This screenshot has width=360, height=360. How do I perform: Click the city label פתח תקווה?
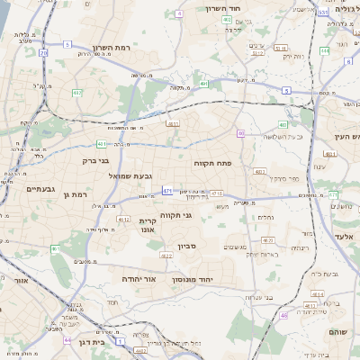tap(211, 163)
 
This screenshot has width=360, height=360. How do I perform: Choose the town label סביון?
tap(186, 245)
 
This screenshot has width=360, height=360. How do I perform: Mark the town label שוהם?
tap(338, 332)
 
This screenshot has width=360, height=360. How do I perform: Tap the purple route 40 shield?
tap(241, 133)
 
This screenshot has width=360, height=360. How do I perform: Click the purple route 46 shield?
tap(284, 316)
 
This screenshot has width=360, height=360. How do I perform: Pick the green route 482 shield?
tap(77, 92)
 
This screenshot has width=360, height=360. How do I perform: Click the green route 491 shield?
tap(204, 84)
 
